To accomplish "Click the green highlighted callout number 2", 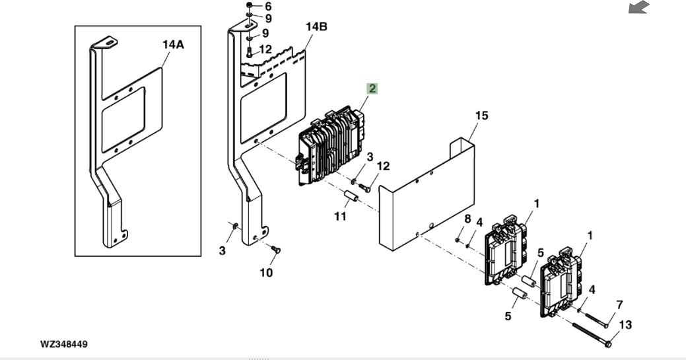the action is (x=372, y=89).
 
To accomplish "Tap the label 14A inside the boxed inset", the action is (x=173, y=44).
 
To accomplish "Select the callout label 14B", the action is (x=316, y=26).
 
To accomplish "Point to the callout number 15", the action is (x=481, y=116).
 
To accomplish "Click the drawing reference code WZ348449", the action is (x=64, y=343).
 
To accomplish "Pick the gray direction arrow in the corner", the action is (x=638, y=7).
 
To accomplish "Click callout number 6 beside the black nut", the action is (x=268, y=6).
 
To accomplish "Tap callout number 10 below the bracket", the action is (x=266, y=272).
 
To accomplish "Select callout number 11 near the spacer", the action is (x=341, y=216).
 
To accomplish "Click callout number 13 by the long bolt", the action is (x=626, y=324).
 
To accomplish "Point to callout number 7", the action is (x=619, y=305).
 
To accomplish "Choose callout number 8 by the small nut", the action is (x=467, y=219).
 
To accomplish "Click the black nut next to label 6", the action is (x=249, y=5).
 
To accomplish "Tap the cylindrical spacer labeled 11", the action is (x=351, y=198).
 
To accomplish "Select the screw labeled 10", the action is (x=275, y=250).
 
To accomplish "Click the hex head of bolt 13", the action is (x=607, y=344).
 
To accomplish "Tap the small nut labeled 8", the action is (x=457, y=240).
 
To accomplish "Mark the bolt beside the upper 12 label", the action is (x=249, y=53).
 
